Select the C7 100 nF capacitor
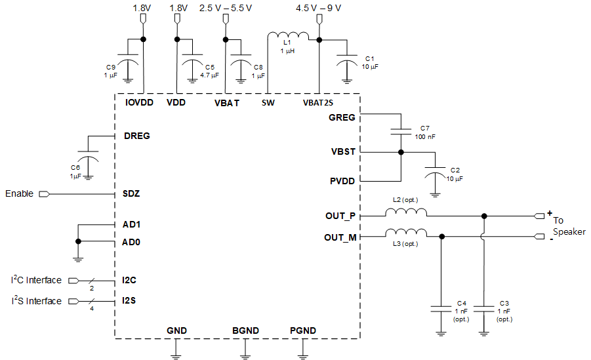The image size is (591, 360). (x=399, y=132)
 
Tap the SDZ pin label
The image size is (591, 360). (x=131, y=194)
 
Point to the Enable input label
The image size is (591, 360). (x=20, y=194)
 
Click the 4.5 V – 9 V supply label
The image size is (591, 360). (x=319, y=8)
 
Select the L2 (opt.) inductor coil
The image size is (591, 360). (x=405, y=213)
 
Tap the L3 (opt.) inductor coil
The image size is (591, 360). (x=405, y=233)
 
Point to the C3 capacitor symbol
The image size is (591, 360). (x=484, y=308)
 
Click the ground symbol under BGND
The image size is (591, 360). (x=245, y=356)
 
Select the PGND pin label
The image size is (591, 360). (x=302, y=330)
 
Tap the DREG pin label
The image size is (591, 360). (x=136, y=136)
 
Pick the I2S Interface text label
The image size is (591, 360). (x=36, y=301)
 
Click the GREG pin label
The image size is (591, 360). (x=342, y=117)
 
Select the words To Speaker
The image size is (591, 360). (x=568, y=226)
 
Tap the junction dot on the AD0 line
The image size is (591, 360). (x=78, y=242)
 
